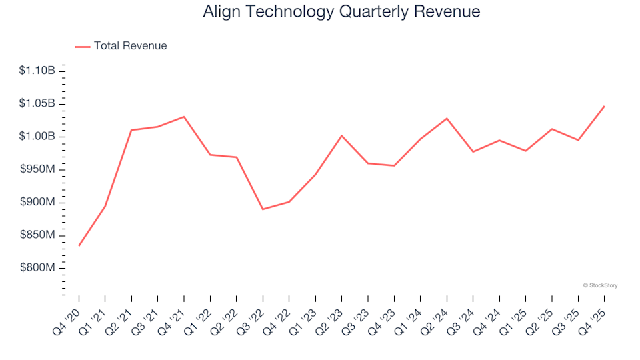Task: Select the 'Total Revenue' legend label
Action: point(130,46)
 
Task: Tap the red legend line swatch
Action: point(83,47)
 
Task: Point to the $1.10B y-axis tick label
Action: point(37,71)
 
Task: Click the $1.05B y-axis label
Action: point(37,103)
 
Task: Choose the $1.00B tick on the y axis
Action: point(37,137)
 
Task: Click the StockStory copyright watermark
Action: point(600,285)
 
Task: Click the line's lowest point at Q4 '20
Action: point(79,245)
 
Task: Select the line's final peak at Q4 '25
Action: point(605,106)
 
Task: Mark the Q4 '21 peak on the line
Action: point(184,117)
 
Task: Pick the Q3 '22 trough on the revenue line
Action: point(263,209)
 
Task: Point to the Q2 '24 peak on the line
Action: point(447,119)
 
